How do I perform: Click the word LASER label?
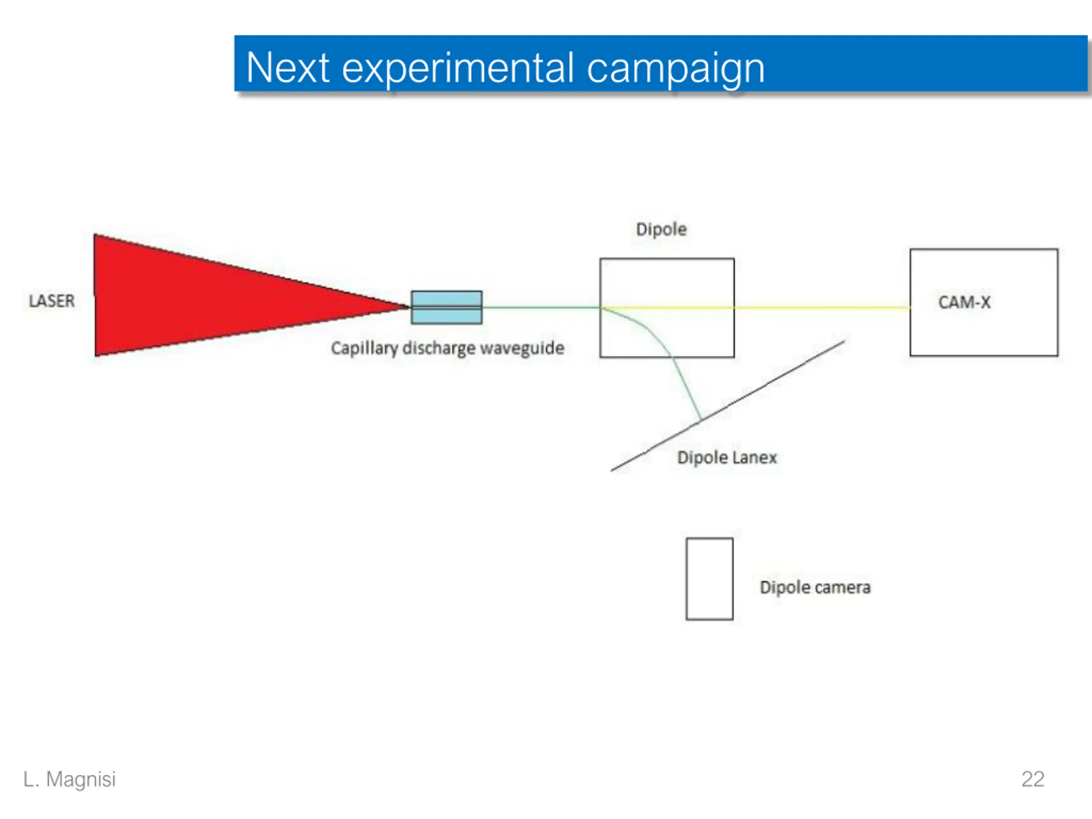tap(52, 301)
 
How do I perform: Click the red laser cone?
tap(197, 296)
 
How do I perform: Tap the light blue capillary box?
tap(446, 299)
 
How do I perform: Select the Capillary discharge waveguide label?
tap(447, 348)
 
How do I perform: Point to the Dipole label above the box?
tap(661, 229)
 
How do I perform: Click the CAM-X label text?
tap(964, 302)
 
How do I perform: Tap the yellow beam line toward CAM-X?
tap(819, 308)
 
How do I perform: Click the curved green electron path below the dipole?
tap(684, 380)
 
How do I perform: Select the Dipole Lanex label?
tap(727, 458)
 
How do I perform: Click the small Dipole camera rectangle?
tap(709, 578)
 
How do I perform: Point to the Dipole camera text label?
tap(815, 587)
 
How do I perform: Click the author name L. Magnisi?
tap(70, 779)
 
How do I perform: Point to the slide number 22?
tap(1032, 779)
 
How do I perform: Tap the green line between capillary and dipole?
tap(540, 308)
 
